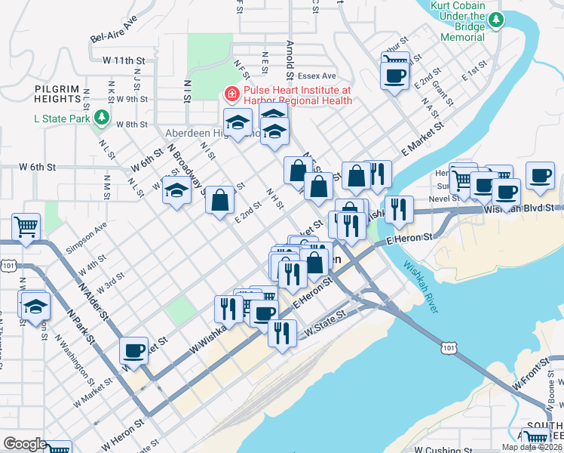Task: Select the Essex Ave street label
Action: pyautogui.click(x=317, y=76)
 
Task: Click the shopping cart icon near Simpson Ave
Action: pyautogui.click(x=26, y=226)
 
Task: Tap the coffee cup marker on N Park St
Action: pyautogui.click(x=133, y=350)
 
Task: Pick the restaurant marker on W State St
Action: pyautogui.click(x=282, y=333)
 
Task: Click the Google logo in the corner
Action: pyautogui.click(x=25, y=444)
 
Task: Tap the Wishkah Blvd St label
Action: pyautogui.click(x=520, y=207)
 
